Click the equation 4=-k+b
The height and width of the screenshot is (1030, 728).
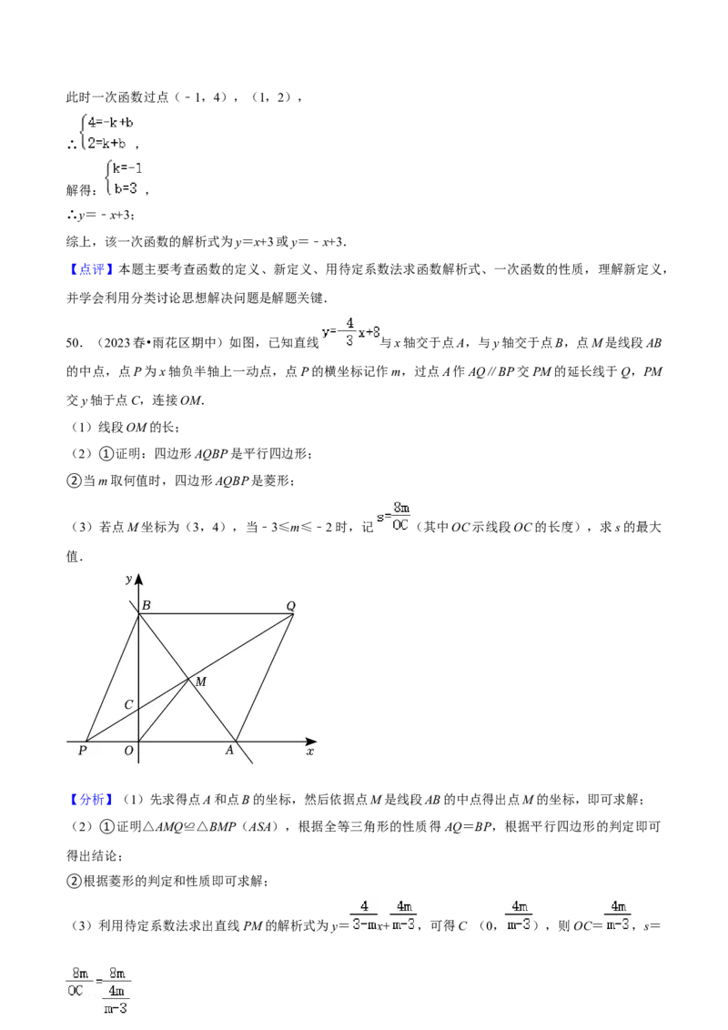(x=111, y=123)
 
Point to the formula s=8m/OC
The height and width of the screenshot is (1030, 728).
(x=395, y=517)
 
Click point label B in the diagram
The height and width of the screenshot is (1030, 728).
(x=147, y=606)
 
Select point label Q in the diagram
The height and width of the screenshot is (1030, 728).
(x=291, y=606)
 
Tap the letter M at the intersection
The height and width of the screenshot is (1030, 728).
(x=200, y=682)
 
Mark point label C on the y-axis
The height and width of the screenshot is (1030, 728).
(x=128, y=705)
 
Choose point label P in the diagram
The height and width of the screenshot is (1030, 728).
(x=83, y=751)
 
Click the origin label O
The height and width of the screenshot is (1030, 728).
(x=128, y=751)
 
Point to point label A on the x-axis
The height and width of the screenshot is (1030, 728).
(x=229, y=751)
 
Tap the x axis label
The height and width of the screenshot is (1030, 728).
(x=309, y=752)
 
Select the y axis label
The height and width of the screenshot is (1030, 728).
(x=128, y=580)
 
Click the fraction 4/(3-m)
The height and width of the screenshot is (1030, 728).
(x=363, y=914)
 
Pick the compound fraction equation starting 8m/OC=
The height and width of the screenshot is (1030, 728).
(x=98, y=989)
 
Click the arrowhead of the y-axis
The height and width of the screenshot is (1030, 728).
(x=139, y=580)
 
